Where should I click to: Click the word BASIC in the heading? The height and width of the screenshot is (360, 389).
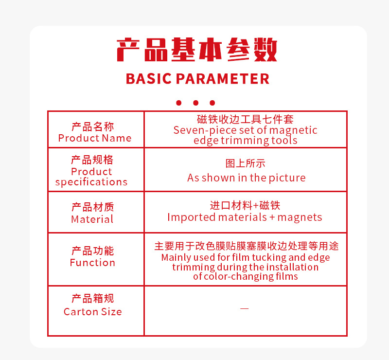point(149,79)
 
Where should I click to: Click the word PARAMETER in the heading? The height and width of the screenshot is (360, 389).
point(223,79)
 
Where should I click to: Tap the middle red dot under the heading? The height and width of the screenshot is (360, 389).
point(196,103)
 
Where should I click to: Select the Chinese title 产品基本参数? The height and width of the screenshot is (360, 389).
point(197,50)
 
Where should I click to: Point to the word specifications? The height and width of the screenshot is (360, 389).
point(91,182)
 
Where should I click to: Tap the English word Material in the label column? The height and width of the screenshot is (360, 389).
point(92,219)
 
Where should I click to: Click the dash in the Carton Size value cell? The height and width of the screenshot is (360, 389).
point(245,308)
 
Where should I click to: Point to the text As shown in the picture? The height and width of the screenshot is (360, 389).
point(247,178)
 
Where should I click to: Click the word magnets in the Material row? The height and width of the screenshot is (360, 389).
point(300,217)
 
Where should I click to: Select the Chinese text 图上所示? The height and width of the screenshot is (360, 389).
point(246,163)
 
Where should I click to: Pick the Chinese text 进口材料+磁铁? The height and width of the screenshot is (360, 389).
point(245,206)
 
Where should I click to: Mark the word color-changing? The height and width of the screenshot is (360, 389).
point(251,277)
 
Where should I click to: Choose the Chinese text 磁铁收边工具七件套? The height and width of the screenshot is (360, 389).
point(246,119)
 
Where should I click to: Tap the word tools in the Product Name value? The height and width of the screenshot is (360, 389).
point(284,141)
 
